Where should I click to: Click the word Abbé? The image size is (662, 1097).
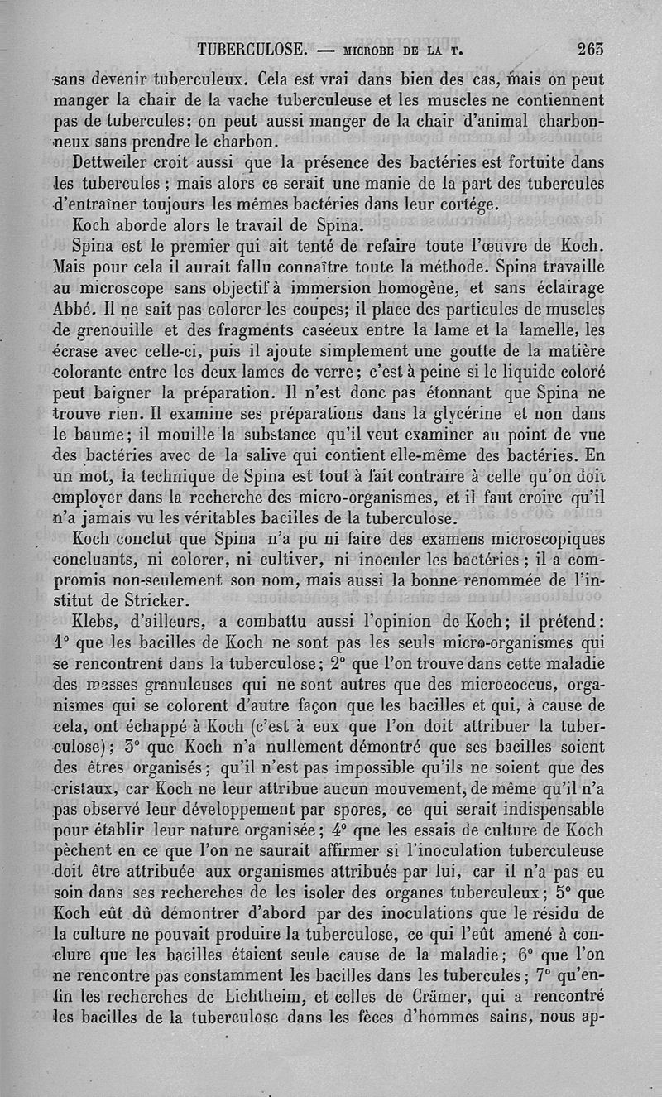pos(70,308)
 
